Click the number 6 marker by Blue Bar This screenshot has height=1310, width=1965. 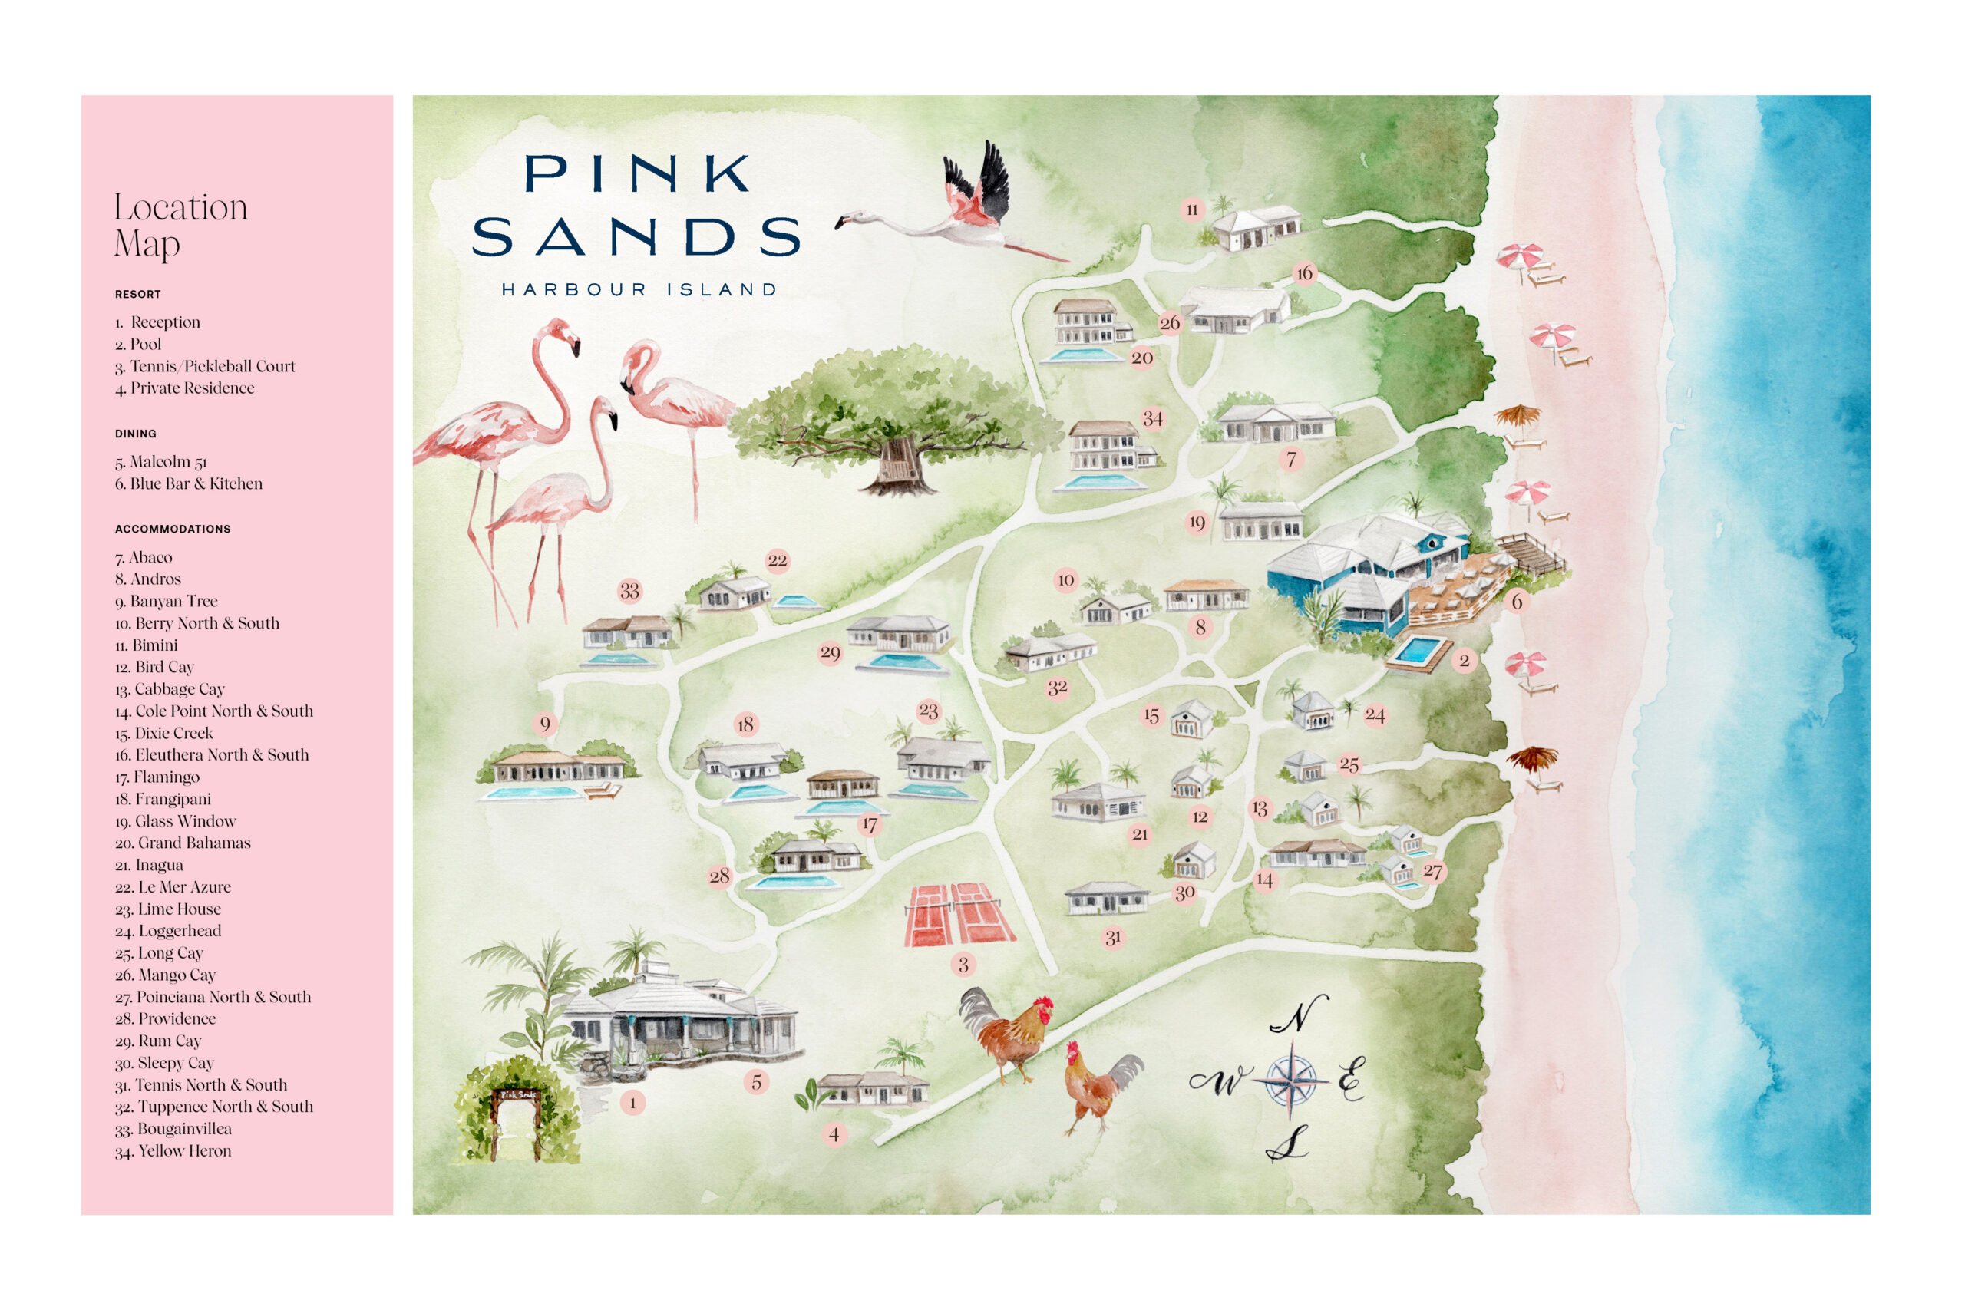click(1517, 602)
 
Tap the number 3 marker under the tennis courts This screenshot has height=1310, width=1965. click(963, 965)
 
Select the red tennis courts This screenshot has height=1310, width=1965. click(959, 914)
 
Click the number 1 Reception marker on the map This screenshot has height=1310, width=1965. click(632, 1103)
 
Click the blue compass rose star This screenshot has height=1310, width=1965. click(1291, 1081)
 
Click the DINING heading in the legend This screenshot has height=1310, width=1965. click(136, 434)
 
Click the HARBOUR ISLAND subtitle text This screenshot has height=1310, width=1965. click(639, 290)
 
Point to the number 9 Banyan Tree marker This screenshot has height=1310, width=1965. click(545, 724)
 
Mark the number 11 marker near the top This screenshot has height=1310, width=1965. click(1192, 210)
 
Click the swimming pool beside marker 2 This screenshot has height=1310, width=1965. click(1416, 651)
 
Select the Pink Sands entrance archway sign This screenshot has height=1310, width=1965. click(517, 1094)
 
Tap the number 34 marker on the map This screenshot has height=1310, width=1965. click(1153, 418)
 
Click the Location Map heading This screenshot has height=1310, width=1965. click(180, 225)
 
